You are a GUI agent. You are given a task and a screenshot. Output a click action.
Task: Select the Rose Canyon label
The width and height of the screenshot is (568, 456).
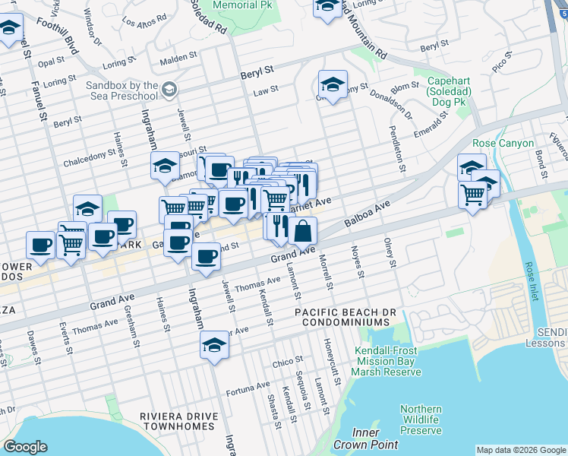click(x=503, y=143)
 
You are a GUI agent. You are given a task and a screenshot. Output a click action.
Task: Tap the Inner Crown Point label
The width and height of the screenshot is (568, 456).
click(x=367, y=439)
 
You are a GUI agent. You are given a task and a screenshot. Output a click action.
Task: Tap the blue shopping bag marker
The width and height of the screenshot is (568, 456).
click(x=302, y=230)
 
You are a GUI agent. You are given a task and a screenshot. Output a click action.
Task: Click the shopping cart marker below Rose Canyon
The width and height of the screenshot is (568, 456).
click(x=473, y=195)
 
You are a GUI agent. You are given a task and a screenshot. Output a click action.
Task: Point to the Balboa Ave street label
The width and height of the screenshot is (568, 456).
click(x=367, y=215)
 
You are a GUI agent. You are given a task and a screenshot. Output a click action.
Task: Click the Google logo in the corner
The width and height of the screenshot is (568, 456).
click(x=25, y=447)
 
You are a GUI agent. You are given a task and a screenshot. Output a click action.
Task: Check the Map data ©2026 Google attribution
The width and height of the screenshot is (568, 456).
click(x=521, y=450)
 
